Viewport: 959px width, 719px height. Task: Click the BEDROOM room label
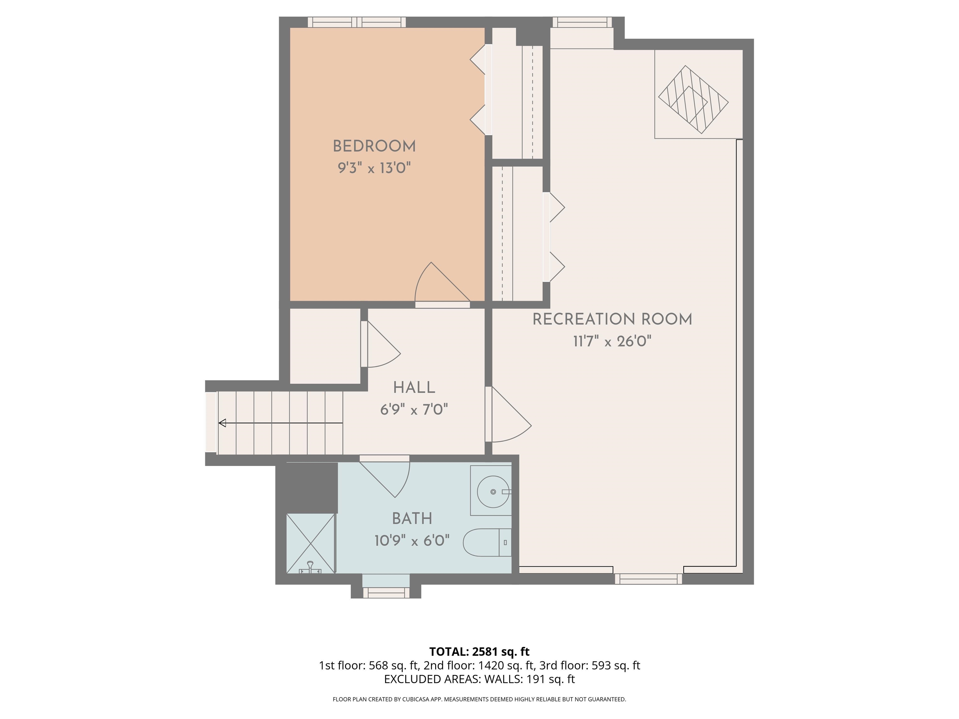tap(374, 146)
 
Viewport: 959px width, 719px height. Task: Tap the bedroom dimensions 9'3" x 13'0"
tap(374, 168)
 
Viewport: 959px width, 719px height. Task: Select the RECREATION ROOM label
tap(612, 320)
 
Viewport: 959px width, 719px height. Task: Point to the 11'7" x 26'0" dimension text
tap(612, 341)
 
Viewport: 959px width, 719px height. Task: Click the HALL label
tap(414, 388)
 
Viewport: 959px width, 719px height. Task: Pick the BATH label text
tap(412, 518)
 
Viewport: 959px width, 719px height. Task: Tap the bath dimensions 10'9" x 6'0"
tap(412, 541)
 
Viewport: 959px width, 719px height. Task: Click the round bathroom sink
tap(493, 492)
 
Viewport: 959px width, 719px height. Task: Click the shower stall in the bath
tap(310, 544)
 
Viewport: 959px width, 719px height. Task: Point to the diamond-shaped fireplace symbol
tap(693, 99)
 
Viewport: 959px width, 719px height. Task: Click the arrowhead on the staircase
tap(222, 423)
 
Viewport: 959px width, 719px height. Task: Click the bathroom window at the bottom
tap(386, 592)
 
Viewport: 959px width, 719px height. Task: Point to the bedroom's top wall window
tap(357, 22)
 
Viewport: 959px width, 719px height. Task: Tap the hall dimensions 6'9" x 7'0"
tap(414, 409)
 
